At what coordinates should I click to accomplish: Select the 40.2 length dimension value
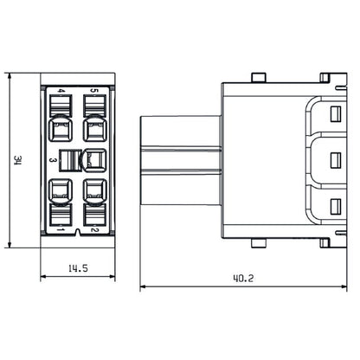coord(244,280)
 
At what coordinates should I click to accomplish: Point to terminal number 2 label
coord(93,229)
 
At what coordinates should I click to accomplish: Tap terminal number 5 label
coord(93,90)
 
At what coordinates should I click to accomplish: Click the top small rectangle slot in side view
coord(336,113)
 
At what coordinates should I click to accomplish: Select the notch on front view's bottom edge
coord(78,234)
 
